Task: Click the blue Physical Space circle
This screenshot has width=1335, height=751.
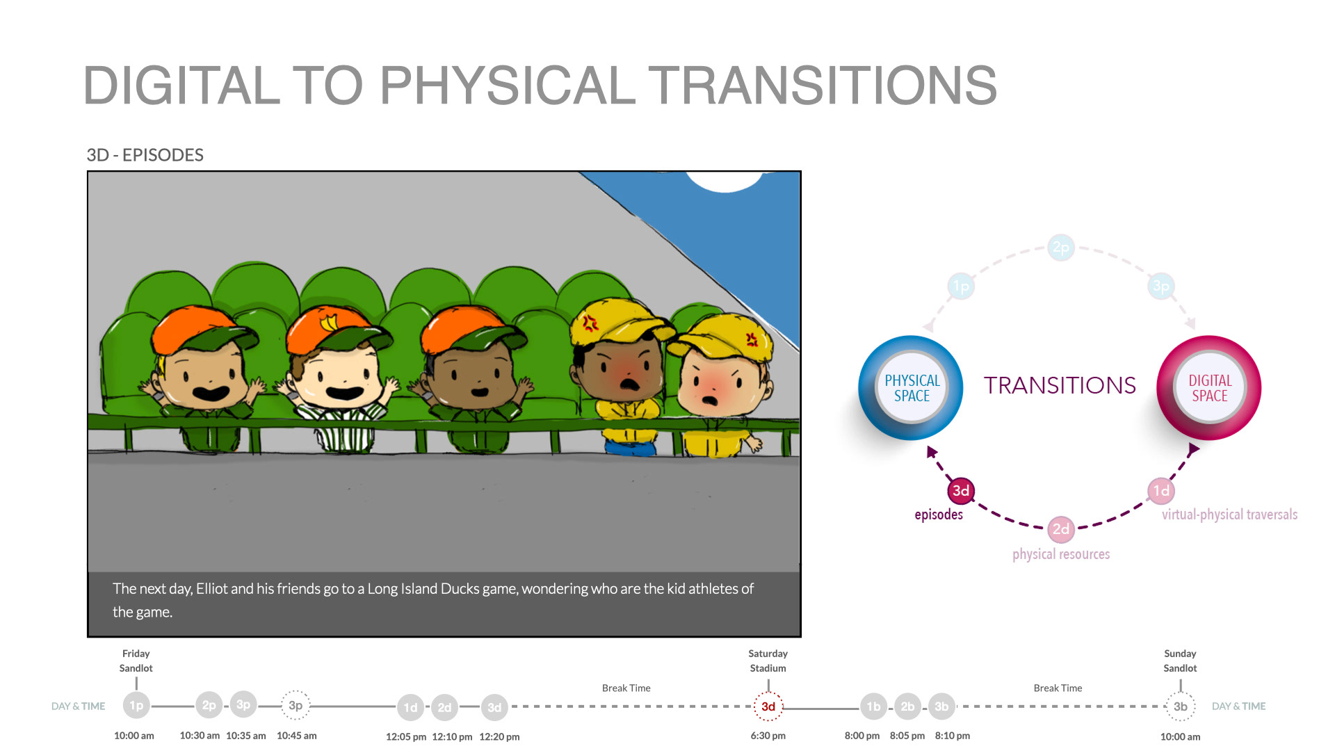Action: pyautogui.click(x=911, y=388)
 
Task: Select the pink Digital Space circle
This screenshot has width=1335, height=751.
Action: pyautogui.click(x=1209, y=388)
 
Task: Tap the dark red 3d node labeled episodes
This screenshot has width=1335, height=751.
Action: pyautogui.click(x=961, y=491)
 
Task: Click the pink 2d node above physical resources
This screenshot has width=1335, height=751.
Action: pyautogui.click(x=1061, y=529)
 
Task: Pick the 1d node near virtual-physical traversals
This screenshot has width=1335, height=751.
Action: pyautogui.click(x=1161, y=491)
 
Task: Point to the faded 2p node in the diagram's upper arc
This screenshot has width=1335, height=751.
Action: pyautogui.click(x=1061, y=248)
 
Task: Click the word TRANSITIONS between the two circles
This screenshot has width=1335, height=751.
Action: pyautogui.click(x=1060, y=385)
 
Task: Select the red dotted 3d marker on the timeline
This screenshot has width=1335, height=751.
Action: pyautogui.click(x=768, y=706)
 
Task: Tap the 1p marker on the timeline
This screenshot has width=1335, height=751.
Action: pyautogui.click(x=136, y=705)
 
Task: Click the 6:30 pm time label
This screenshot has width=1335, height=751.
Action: pyautogui.click(x=768, y=736)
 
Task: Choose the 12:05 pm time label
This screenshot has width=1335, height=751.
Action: pyautogui.click(x=406, y=736)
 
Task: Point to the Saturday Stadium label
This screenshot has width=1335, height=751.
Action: pyautogui.click(x=768, y=661)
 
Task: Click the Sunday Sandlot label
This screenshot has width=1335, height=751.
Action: pyautogui.click(x=1181, y=661)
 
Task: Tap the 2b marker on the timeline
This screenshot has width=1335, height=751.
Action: pyautogui.click(x=907, y=706)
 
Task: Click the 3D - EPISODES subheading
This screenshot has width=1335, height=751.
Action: pyautogui.click(x=145, y=155)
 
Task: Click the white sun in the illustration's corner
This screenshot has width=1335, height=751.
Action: pyautogui.click(x=725, y=181)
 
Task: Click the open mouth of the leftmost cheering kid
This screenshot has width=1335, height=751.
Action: pyautogui.click(x=210, y=393)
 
